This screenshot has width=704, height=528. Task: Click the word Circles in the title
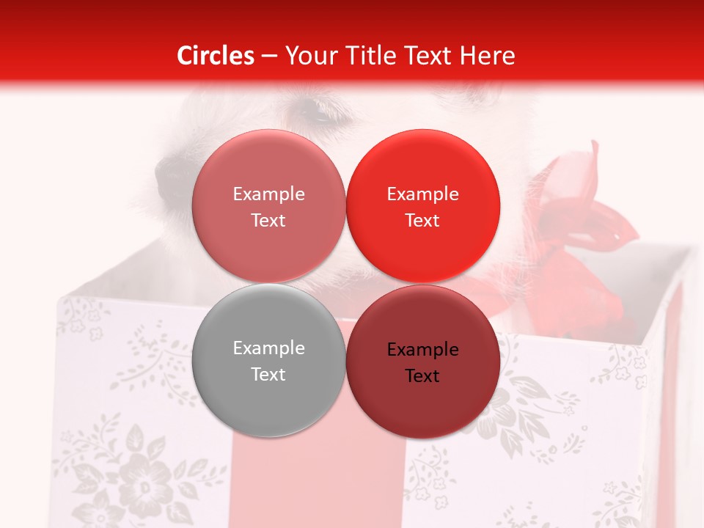216,56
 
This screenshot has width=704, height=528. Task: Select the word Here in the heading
488,56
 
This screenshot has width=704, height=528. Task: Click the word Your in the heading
311,56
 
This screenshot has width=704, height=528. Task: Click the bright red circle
422,205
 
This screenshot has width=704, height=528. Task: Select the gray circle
268,360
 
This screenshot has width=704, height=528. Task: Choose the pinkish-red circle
268,205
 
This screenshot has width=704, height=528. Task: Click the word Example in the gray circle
268,348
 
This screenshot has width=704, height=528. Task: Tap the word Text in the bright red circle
422,220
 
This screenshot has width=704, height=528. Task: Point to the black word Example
422,349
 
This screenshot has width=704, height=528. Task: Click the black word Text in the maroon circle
422,375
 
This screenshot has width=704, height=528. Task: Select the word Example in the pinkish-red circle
268,194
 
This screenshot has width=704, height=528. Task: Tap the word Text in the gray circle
268,374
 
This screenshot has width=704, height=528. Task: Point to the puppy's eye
317,112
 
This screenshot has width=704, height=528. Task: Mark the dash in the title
269,56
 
